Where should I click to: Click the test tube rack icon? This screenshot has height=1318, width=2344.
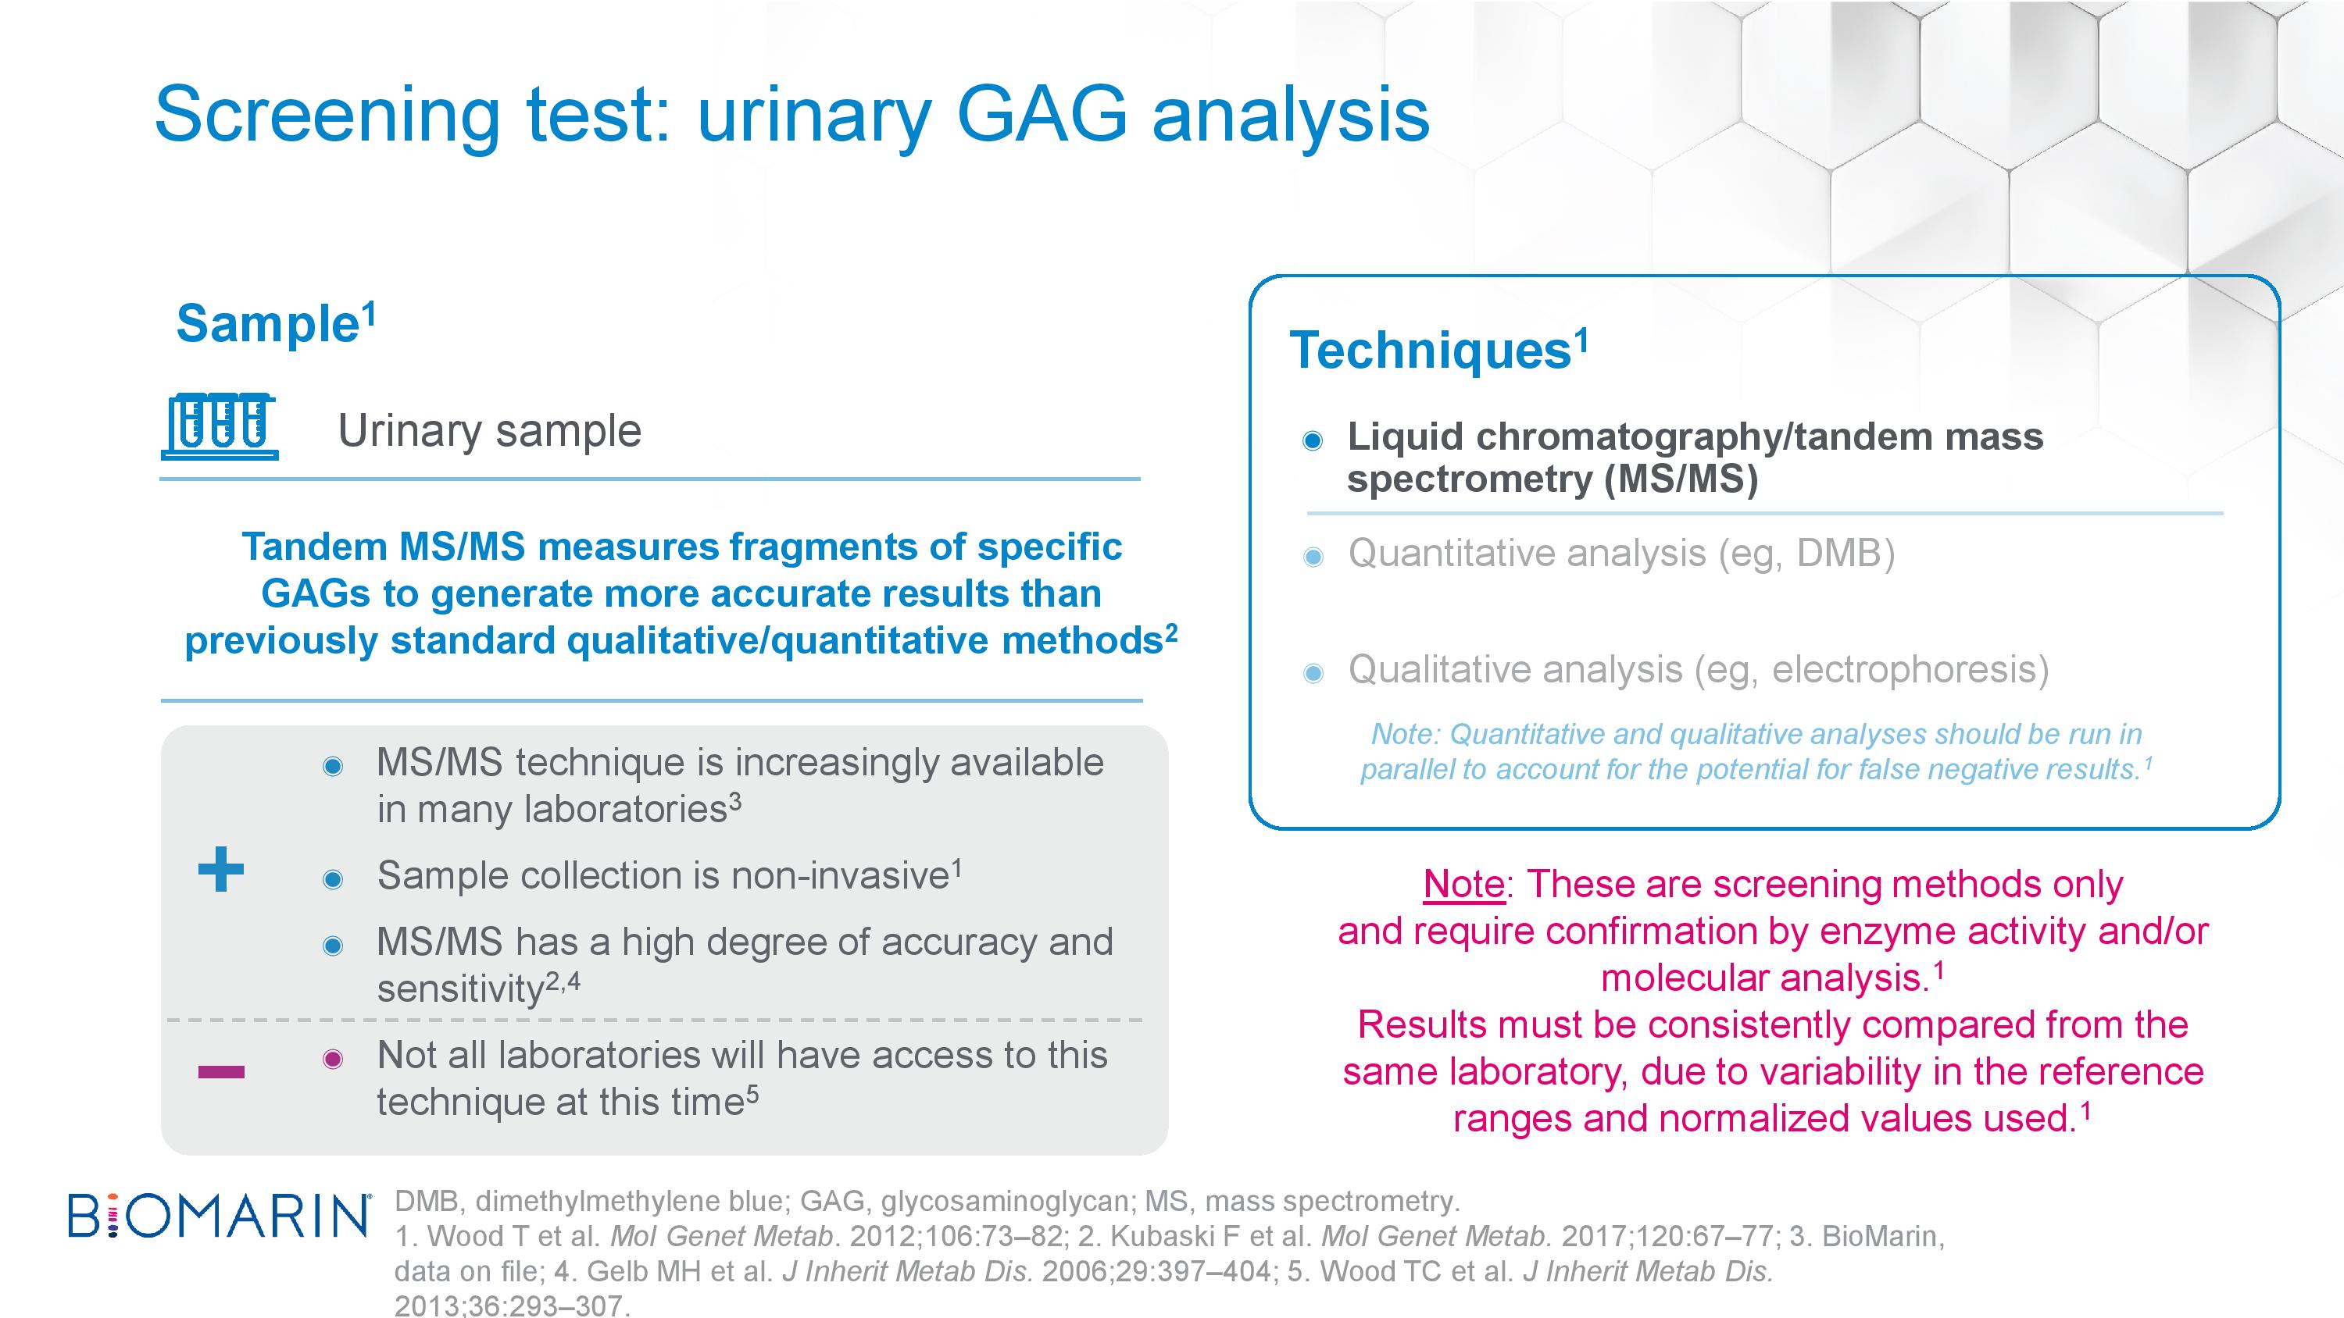220,426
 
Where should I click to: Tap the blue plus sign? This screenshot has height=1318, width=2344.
221,869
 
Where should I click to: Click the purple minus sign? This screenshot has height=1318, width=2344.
221,1071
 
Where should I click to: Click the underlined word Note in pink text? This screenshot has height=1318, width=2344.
1464,884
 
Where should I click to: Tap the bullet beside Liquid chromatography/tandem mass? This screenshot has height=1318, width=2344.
1312,441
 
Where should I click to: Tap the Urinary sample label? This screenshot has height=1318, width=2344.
490,431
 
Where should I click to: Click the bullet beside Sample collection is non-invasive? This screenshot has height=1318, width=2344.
333,879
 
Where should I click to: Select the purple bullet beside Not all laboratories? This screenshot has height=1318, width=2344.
333,1059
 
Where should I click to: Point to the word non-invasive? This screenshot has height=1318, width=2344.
841,876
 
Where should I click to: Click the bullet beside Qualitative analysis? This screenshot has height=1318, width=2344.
1313,673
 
